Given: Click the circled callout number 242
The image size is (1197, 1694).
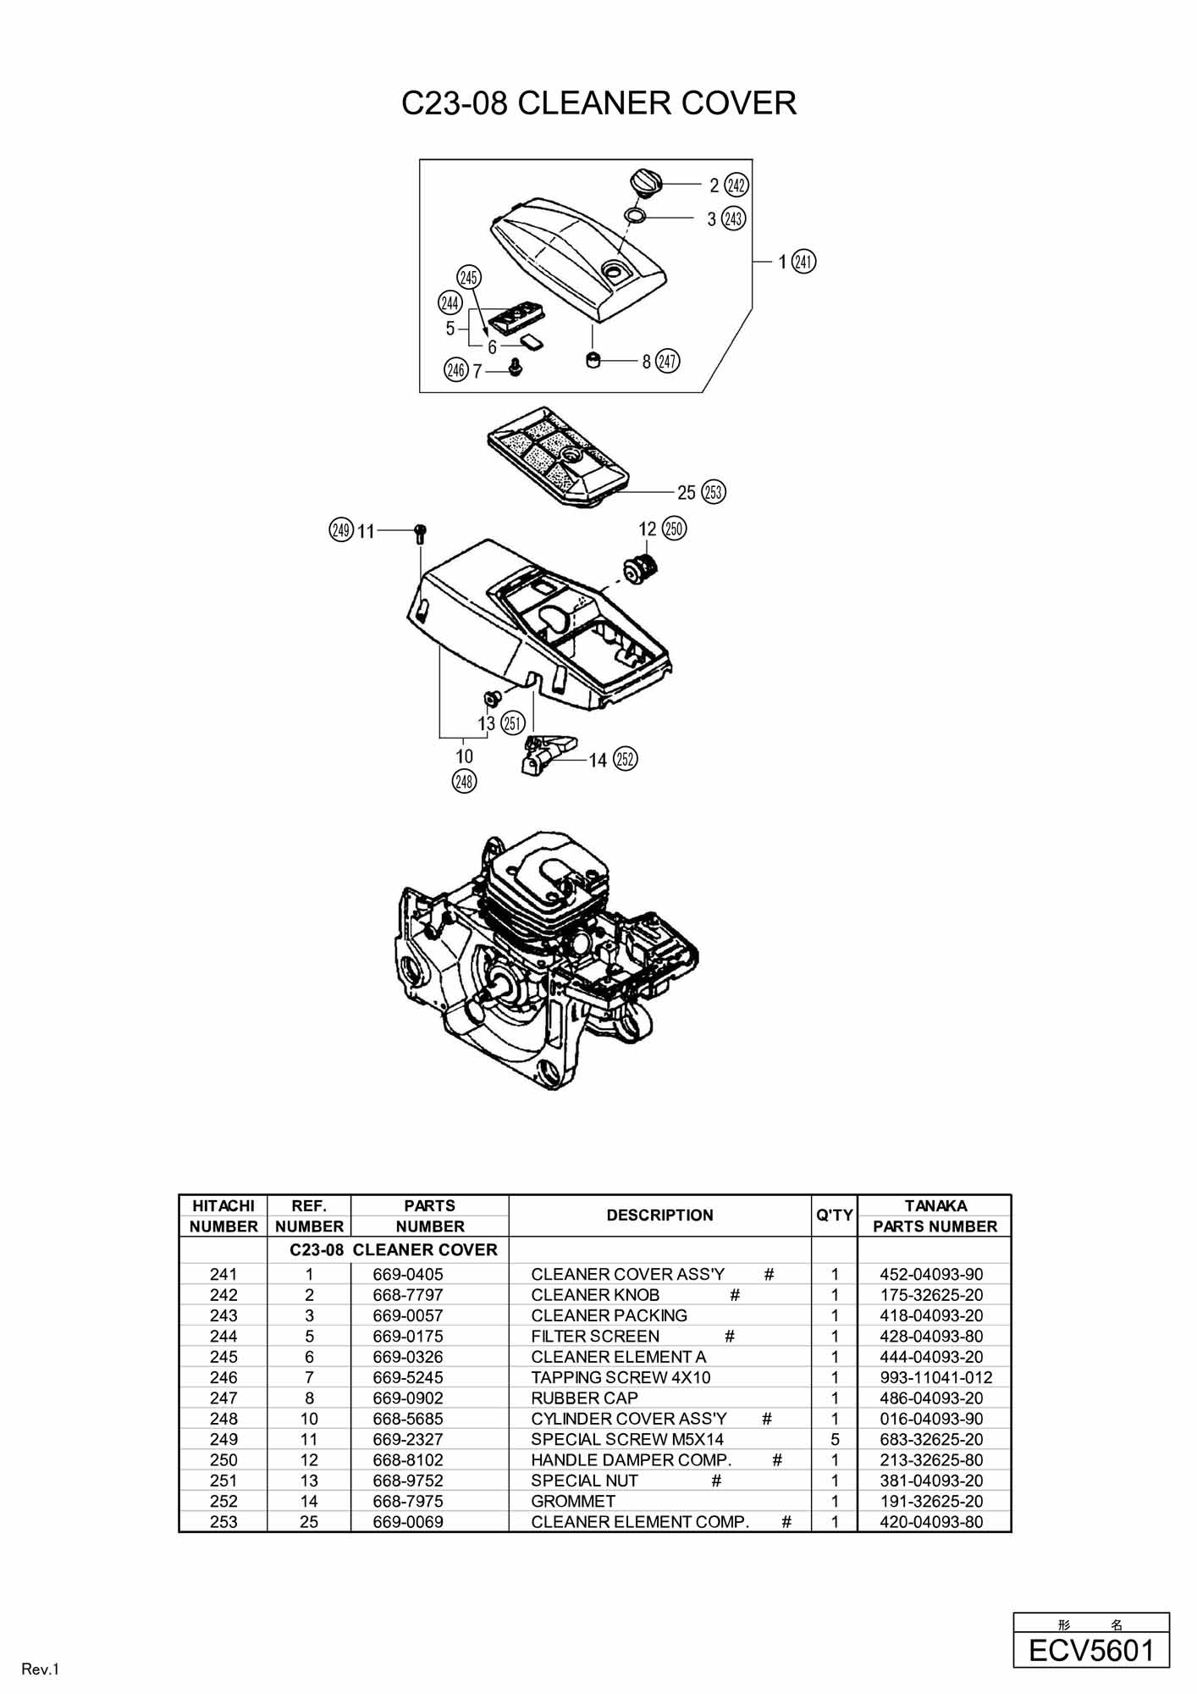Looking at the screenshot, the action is click(x=736, y=185).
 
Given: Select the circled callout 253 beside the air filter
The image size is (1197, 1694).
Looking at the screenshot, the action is click(x=714, y=492).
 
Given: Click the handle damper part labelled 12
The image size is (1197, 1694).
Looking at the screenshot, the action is click(x=640, y=567).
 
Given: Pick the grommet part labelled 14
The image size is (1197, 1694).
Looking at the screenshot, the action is click(x=547, y=752).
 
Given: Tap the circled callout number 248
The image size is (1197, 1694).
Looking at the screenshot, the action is click(x=464, y=781).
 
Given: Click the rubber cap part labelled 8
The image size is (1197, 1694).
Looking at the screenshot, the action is click(x=593, y=360).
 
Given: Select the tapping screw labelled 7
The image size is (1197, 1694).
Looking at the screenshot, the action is click(x=515, y=367).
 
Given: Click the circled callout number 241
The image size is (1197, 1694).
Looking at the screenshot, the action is click(x=804, y=262).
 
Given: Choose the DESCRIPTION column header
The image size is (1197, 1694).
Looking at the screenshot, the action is click(x=659, y=1215).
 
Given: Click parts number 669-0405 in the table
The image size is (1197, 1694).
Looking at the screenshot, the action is click(x=408, y=1274).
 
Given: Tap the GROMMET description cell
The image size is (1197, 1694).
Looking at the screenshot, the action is click(x=573, y=1501).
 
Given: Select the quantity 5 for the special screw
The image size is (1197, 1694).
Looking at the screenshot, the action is click(x=835, y=1439).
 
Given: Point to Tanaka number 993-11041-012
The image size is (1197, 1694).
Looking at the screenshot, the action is click(x=935, y=1377).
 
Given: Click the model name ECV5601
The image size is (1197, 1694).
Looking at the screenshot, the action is click(x=1091, y=1651).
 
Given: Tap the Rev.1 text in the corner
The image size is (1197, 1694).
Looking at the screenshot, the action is click(x=40, y=1669).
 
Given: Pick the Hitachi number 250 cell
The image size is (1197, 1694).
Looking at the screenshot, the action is click(x=223, y=1459).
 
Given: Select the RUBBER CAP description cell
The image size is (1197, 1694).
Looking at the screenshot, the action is click(x=584, y=1398).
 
